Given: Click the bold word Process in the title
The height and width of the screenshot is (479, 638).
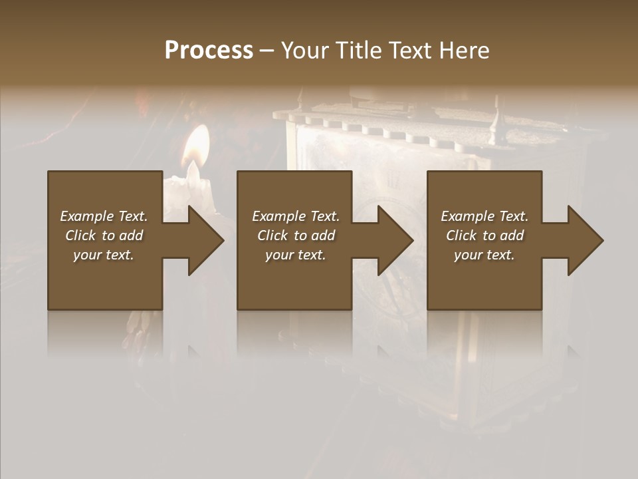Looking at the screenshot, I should [209, 50].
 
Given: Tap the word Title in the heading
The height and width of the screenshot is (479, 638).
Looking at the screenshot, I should [356, 50].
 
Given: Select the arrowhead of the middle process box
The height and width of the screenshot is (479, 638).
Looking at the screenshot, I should [395, 240].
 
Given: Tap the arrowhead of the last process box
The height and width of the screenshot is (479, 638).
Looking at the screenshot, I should [584, 240].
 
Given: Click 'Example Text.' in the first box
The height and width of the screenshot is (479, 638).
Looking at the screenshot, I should [104, 216].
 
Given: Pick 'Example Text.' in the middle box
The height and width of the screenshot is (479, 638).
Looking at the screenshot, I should [295, 216].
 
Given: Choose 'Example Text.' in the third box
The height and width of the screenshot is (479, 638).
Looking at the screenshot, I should [484, 216].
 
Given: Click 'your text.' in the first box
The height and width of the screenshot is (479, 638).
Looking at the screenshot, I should [104, 255].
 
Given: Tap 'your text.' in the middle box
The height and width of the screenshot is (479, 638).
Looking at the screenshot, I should [295, 255].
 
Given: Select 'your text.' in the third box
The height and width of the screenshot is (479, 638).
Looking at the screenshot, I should [484, 255].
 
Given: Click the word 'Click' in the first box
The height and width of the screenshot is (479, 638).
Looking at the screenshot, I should [80, 236].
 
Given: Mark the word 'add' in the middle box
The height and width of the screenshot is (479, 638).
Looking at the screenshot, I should [323, 236].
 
